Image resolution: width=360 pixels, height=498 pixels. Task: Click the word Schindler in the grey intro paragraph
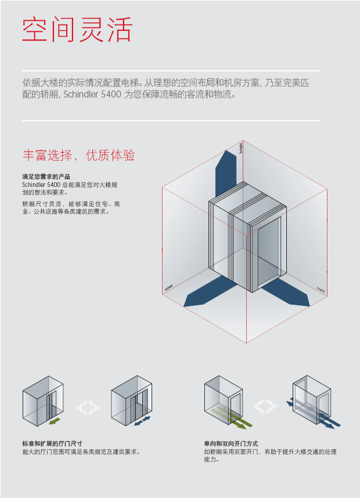pyautogui.click(x=82, y=94)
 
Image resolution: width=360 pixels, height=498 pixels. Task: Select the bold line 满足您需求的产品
pyautogui.click(x=46, y=176)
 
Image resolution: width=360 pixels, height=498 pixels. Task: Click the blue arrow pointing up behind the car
pyautogui.click(x=225, y=174)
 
